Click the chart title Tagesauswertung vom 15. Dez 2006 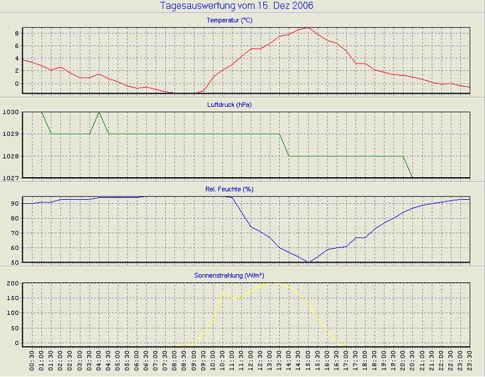pos(237,6)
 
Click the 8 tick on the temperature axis pos(17,33)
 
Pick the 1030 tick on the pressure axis pos(12,112)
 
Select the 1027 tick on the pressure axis pos(12,178)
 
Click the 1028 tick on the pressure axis pos(12,156)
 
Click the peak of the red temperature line pos(307,28)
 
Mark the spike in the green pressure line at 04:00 pos(99,112)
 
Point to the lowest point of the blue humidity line pos(308,262)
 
